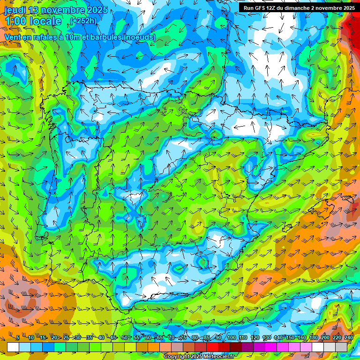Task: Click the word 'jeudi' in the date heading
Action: pos(15,10)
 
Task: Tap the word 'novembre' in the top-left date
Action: pos(64,10)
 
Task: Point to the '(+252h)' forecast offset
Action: pos(83,21)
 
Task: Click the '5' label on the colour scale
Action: pos(18,338)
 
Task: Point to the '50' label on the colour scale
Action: pos(125,338)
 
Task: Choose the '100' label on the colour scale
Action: pos(232,338)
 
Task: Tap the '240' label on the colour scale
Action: pos(349,338)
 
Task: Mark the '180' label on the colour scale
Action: pos(314,338)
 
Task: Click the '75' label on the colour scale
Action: pos(183,338)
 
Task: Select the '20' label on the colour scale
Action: pos(54,338)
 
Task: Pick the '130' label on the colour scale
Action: pos(267,338)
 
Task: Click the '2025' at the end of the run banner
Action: pos(346,8)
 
